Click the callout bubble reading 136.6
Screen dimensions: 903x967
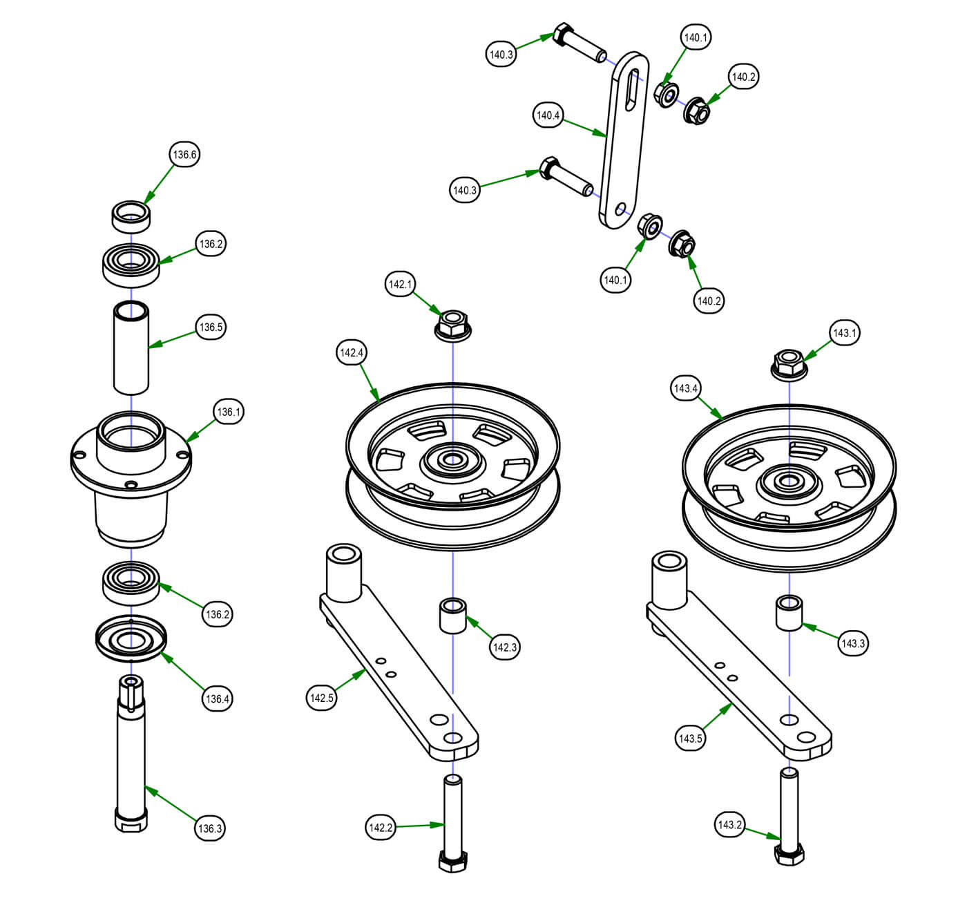(185, 155)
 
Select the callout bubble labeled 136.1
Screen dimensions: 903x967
(229, 412)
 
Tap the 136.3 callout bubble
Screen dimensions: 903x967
(210, 828)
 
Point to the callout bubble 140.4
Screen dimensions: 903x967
(548, 115)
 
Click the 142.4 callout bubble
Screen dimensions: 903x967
(352, 352)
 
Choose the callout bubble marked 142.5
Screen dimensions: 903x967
(321, 698)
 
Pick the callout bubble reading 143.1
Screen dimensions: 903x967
(844, 333)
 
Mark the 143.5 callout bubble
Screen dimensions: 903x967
(690, 739)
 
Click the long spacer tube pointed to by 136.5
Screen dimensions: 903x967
(131, 348)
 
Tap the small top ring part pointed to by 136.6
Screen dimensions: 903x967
(131, 216)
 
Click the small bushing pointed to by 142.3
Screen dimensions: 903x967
(453, 615)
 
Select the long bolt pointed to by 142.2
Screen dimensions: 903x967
(453, 822)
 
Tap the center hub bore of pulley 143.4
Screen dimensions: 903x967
(789, 481)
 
